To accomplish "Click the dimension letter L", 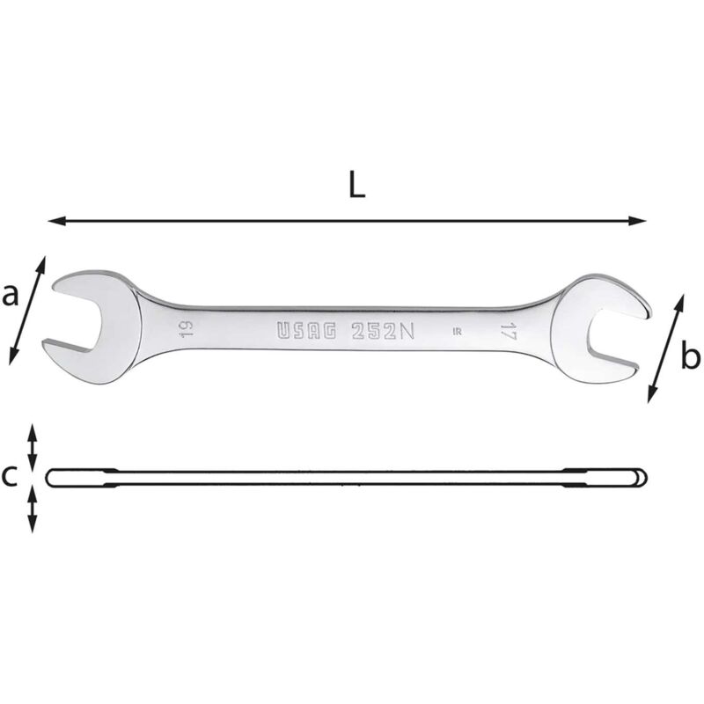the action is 357,186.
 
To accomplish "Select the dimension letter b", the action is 690,356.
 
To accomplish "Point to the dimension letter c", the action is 9,476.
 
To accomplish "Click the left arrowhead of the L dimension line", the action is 56,221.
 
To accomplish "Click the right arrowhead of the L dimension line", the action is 637,221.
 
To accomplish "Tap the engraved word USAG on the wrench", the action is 306,331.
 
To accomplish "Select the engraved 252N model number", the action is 383,331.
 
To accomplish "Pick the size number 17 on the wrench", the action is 508,331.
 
